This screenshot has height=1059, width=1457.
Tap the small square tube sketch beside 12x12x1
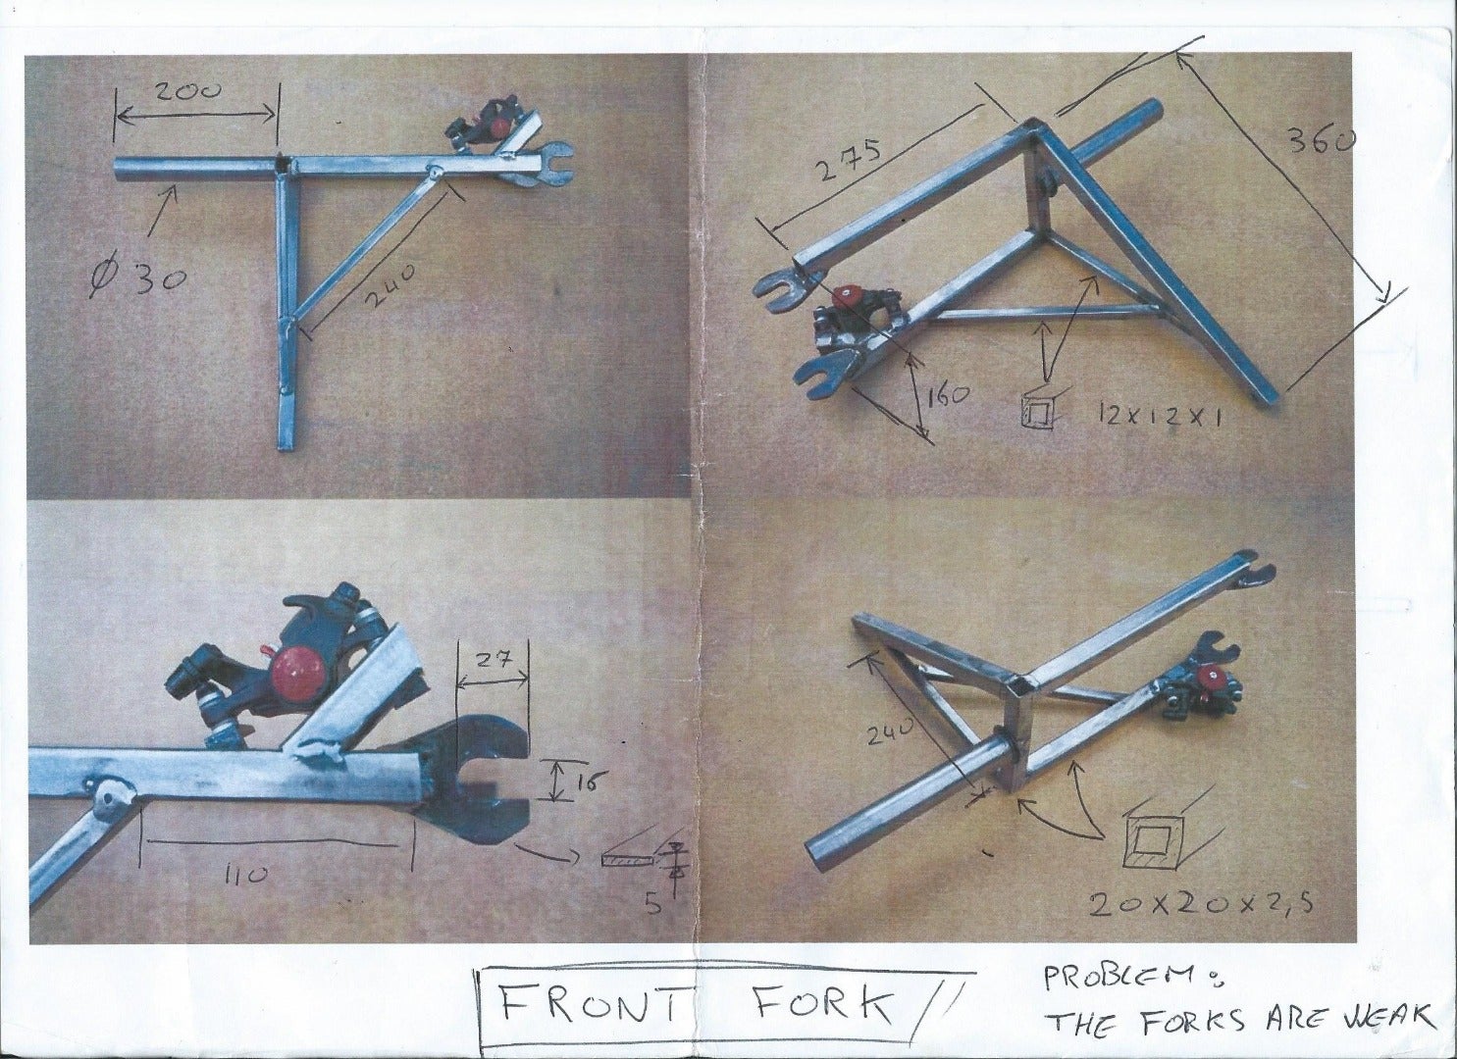(1039, 410)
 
